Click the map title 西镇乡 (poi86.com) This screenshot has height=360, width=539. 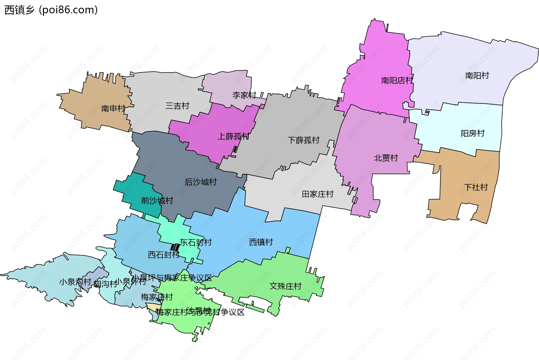click(x=51, y=10)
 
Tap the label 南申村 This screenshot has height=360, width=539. click(x=113, y=108)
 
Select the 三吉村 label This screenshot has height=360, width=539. click(x=177, y=106)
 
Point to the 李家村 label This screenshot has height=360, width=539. click(x=244, y=95)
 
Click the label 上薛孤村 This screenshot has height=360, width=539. click(x=234, y=136)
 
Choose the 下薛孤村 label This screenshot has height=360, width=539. click(x=304, y=140)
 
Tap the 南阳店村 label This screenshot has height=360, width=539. click(x=397, y=81)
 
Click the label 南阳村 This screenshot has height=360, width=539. click(x=477, y=76)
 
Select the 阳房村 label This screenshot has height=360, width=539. click(x=473, y=133)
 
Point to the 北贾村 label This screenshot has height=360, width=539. click(x=386, y=158)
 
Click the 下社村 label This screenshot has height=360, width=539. click(x=476, y=187)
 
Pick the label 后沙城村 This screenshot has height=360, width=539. click(x=201, y=182)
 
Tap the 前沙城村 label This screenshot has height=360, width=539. click(x=157, y=200)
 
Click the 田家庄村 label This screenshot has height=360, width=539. click(x=318, y=194)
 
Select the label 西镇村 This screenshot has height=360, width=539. click(x=261, y=242)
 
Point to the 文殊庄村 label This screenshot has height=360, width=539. click(x=286, y=286)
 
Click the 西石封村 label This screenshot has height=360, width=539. click(x=164, y=255)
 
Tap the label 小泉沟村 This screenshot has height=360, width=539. click(x=75, y=282)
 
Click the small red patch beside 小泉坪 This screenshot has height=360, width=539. click(x=130, y=272)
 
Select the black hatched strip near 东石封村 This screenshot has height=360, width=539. click(x=175, y=247)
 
